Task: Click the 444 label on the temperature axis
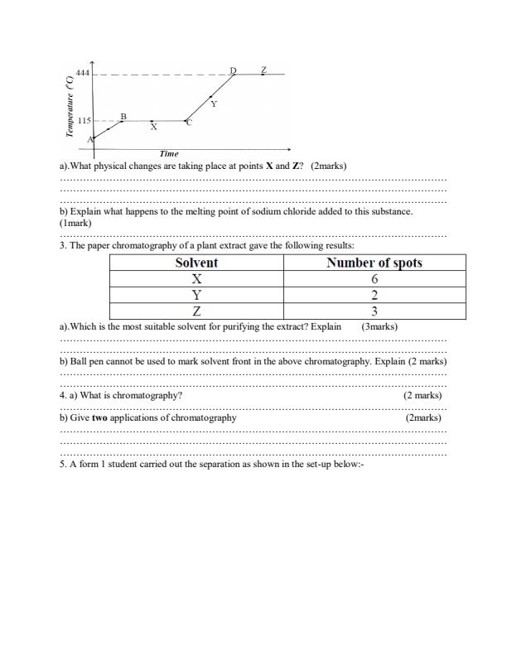coord(82,74)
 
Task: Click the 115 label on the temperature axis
coord(84,121)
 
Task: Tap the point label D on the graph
coord(233,70)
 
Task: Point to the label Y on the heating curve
coord(214,104)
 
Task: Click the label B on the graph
coord(123,117)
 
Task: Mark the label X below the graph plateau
coord(153,128)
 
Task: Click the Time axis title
coord(169,154)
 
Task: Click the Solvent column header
coord(196,263)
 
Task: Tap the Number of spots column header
coord(374,263)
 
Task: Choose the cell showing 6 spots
coord(374,279)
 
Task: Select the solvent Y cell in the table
coord(196,296)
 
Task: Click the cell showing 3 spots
coord(374,311)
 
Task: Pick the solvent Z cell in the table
coord(196,311)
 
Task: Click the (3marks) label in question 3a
coord(380,326)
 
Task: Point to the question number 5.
coord(63,464)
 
